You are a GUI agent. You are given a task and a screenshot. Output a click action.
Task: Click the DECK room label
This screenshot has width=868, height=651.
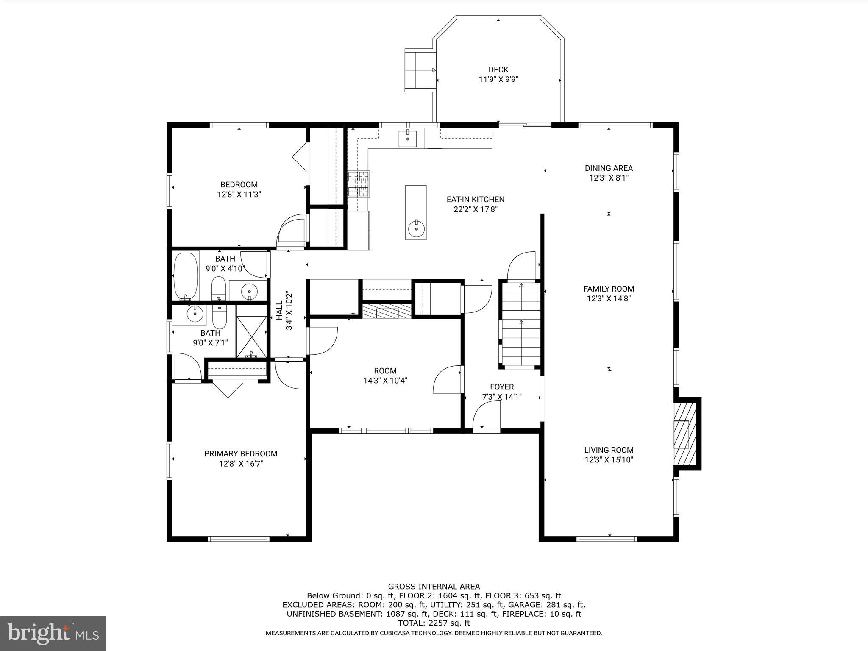point(498,70)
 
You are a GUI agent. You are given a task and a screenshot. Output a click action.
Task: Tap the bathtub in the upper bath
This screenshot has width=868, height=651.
point(186,276)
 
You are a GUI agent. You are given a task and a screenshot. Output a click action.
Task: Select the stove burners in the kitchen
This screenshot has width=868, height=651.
point(359,184)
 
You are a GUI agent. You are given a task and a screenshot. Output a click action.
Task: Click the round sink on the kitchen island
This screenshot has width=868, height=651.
point(415,230)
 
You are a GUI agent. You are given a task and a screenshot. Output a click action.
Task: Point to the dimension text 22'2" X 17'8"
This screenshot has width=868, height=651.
point(475,209)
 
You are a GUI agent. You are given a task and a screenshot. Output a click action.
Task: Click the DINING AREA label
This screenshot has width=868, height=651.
point(609,168)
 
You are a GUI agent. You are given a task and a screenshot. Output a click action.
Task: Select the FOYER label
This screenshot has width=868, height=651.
point(502,387)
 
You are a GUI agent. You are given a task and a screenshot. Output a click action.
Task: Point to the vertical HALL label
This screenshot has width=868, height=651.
point(279,310)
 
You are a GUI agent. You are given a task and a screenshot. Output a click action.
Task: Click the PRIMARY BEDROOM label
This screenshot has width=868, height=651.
point(241,454)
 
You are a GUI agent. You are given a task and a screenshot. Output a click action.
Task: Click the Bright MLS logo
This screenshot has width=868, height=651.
point(53,634)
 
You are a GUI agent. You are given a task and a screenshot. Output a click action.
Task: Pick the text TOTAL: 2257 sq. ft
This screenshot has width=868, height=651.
point(434,623)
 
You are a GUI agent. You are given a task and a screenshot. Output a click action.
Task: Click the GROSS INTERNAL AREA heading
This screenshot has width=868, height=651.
point(434,587)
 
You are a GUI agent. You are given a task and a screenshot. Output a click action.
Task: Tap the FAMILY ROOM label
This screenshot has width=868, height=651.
point(609,289)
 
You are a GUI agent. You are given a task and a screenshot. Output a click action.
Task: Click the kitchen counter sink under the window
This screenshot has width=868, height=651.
point(407,139)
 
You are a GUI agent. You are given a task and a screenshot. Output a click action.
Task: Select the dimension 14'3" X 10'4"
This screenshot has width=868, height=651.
point(385,381)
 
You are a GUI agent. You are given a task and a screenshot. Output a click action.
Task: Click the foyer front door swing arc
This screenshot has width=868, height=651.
point(487,415)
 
